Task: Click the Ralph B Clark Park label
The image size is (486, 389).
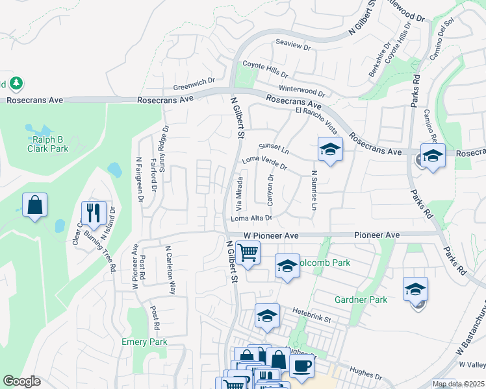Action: pos(47,143)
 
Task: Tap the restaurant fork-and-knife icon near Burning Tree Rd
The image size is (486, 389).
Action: pos(94,213)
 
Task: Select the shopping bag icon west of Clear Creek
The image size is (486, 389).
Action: pos(34,206)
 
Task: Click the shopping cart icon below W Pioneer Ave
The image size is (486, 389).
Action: pos(248,252)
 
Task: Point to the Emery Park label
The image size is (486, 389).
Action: pos(144,342)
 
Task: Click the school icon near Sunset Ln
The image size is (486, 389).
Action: pos(329,150)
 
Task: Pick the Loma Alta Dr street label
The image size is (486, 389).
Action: pos(251,219)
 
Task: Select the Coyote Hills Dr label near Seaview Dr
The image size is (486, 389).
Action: pos(265,65)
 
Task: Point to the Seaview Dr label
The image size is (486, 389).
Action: pos(294,47)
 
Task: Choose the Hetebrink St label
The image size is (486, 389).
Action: pos(311,312)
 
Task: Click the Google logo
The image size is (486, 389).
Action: pos(21,381)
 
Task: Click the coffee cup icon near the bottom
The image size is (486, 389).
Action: pos(301,365)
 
